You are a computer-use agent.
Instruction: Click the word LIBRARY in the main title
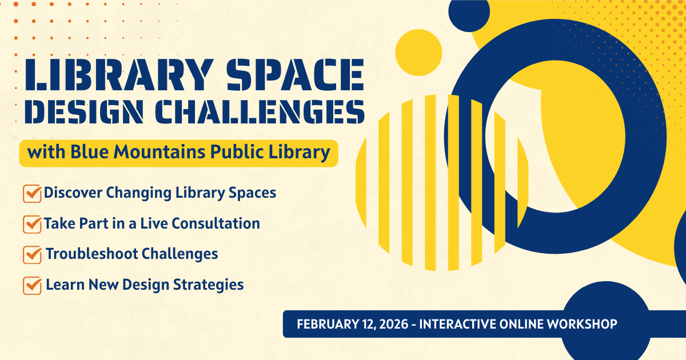[x=119, y=74]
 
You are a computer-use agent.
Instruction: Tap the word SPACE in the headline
[x=295, y=74]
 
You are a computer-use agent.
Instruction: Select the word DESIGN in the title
[x=84, y=111]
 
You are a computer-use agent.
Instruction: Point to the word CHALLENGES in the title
[x=260, y=111]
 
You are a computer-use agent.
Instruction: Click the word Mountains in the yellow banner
[x=159, y=152]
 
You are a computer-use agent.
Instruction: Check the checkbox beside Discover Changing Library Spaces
[x=32, y=194]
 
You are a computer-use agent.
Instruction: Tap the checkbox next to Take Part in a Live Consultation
[x=32, y=224]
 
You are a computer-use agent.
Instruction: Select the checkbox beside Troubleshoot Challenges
[x=32, y=255]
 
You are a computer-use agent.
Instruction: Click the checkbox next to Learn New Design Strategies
[x=32, y=286]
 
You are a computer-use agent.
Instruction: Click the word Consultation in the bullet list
[x=216, y=223]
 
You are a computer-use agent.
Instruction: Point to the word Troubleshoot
[x=92, y=254]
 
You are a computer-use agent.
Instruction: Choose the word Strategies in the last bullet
[x=208, y=285]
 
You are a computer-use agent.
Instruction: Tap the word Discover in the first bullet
[x=73, y=193]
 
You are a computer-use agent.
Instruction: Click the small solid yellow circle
[x=418, y=53]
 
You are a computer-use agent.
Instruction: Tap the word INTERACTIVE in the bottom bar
[x=457, y=324]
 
